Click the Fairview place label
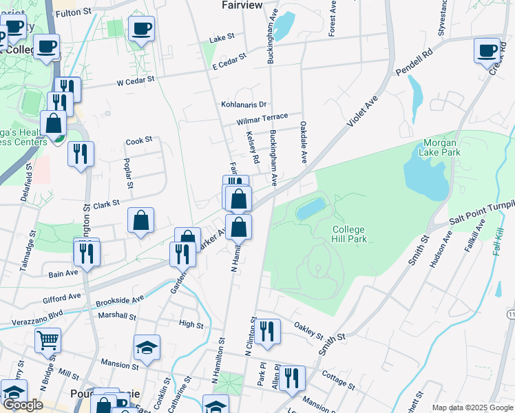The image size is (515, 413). coord(243,5)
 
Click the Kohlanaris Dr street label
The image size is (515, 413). coord(243,105)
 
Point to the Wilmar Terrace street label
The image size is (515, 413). coord(262,119)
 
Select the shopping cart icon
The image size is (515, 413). coord(48,339)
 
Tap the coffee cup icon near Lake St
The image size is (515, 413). coord(141,29)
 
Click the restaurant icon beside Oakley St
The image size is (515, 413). coord(266,330)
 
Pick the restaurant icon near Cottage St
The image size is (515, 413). coord(292,377)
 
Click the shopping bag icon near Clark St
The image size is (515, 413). coord(140,220)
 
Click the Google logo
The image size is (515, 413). coord(23,405)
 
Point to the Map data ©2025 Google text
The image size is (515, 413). coord(472,407)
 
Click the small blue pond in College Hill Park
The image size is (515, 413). coord(311,209)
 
